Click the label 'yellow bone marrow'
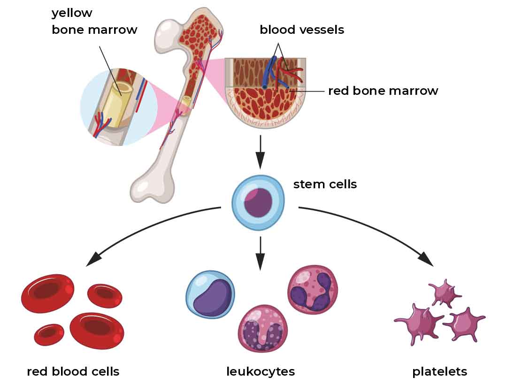[94, 21]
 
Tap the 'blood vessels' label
[302, 30]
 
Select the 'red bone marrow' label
[383, 91]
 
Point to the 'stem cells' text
[325, 184]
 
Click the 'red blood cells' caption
[73, 371]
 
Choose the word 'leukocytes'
[261, 372]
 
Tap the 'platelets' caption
[440, 372]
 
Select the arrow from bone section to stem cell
[260, 152]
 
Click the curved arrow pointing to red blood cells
[146, 226]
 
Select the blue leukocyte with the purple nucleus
[210, 295]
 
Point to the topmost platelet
[445, 293]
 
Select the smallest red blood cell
[49, 335]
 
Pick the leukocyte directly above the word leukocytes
[262, 329]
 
